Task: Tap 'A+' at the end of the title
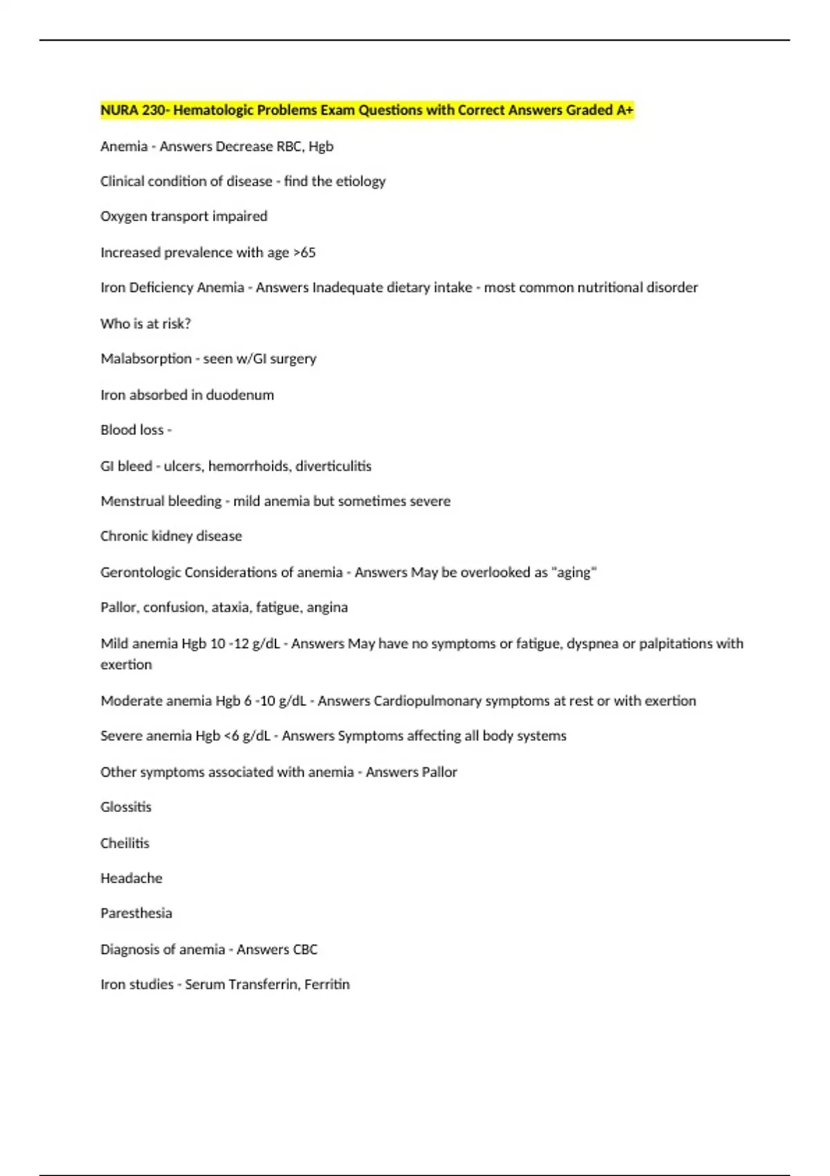click(625, 110)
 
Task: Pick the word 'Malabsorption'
click(146, 358)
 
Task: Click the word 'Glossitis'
click(126, 807)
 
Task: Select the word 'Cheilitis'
click(124, 843)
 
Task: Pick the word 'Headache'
click(131, 878)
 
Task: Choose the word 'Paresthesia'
click(136, 913)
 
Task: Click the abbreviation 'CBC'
click(305, 949)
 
